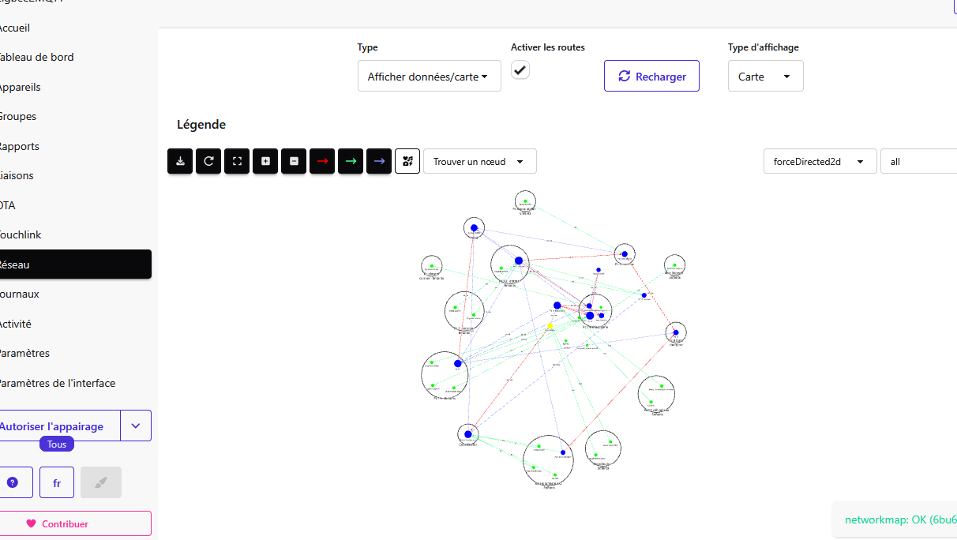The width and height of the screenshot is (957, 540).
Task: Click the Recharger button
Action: (651, 76)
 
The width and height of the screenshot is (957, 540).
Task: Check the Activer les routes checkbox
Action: (520, 70)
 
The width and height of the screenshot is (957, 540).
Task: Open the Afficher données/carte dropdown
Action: (429, 77)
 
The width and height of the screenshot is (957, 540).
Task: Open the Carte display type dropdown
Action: (765, 77)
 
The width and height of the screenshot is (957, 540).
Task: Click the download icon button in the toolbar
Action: (180, 161)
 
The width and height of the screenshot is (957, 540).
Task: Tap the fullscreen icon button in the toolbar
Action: (237, 161)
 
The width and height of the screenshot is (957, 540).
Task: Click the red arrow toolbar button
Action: (322, 161)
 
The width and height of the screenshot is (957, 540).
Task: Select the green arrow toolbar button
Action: (351, 161)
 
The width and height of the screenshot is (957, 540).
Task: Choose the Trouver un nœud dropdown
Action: (479, 161)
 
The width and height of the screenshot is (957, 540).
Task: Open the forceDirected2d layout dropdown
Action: (820, 161)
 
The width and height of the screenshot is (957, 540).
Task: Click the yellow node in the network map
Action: (550, 325)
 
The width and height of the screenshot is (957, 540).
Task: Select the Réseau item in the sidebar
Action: (74, 264)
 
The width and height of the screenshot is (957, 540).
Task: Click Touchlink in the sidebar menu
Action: (21, 234)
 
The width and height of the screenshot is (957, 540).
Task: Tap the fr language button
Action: (57, 482)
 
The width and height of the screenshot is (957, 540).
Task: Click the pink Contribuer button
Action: (74, 523)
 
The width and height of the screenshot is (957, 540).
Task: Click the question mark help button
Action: (13, 482)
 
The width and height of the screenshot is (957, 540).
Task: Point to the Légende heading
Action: (201, 124)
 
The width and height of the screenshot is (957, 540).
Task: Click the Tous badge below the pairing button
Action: (57, 444)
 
